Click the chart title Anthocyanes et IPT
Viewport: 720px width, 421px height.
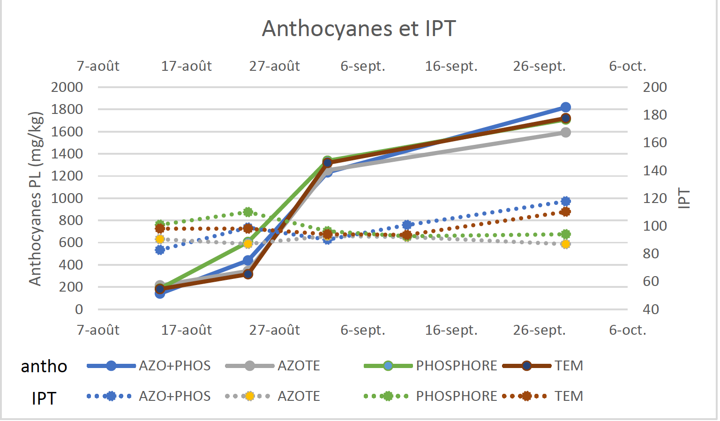359,29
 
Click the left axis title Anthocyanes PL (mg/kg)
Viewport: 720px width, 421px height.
36,198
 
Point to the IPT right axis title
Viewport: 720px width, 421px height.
684,198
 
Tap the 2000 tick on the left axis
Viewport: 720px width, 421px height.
67,87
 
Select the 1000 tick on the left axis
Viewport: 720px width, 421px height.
67,198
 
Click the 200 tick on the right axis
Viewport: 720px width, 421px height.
654,87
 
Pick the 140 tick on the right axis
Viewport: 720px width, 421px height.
654,171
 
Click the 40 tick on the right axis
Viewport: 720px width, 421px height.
651,309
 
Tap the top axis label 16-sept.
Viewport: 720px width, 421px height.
451,67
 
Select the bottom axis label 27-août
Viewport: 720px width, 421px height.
274,331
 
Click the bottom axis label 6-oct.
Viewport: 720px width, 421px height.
627,331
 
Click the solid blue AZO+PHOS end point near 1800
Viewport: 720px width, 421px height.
566,107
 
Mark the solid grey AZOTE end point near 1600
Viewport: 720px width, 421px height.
566,132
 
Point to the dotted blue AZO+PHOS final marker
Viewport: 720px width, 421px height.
566,202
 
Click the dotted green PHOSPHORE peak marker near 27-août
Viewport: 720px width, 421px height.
248,212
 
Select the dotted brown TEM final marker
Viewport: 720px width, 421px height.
566,212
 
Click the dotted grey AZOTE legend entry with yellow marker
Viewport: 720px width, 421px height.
273,396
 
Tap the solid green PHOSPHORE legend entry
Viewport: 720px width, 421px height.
430,366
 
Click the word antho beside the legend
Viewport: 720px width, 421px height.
44,367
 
